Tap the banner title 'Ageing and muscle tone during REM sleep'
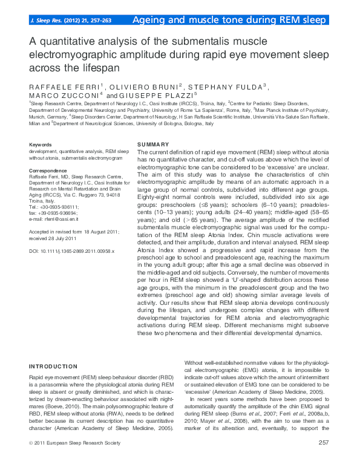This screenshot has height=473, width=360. (231, 20)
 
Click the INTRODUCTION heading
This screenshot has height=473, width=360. (53, 366)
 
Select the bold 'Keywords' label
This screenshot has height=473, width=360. (41, 145)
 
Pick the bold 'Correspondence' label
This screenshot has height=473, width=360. (48, 171)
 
